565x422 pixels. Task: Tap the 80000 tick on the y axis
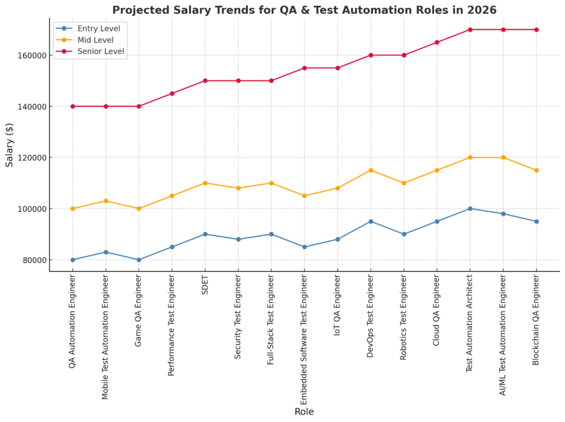click(32, 260)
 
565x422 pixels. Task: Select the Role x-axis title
click(304, 411)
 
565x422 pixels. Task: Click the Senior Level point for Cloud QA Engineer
click(437, 42)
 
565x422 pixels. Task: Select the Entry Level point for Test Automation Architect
click(470, 209)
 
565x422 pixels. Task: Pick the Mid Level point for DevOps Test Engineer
click(371, 170)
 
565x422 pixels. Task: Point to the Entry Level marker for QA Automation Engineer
click(73, 260)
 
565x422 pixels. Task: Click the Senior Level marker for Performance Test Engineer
click(172, 93)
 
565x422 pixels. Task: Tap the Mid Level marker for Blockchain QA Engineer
click(536, 170)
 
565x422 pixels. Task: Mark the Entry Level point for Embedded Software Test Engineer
click(305, 247)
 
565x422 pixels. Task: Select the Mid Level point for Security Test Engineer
click(238, 188)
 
